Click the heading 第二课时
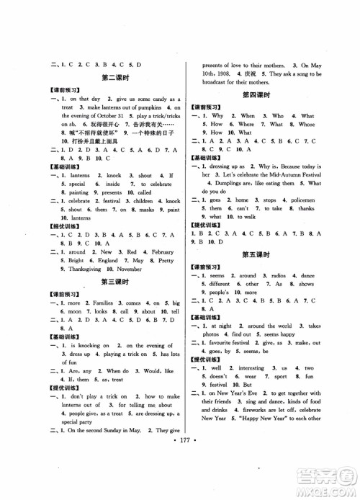115,76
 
